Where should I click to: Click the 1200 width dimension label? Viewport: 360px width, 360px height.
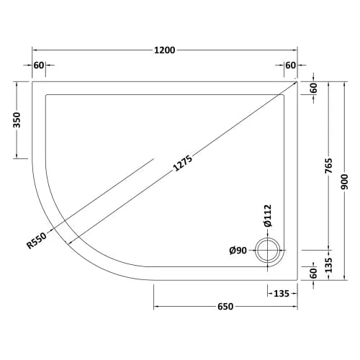click(x=166, y=50)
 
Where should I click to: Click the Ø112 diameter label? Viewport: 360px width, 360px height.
click(x=267, y=215)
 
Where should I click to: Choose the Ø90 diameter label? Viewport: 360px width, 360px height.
click(x=239, y=251)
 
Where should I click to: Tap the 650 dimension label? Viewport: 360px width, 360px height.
click(x=225, y=307)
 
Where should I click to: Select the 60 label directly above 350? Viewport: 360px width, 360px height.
click(x=39, y=66)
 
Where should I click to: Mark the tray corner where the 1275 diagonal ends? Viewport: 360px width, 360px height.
click(x=297, y=81)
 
